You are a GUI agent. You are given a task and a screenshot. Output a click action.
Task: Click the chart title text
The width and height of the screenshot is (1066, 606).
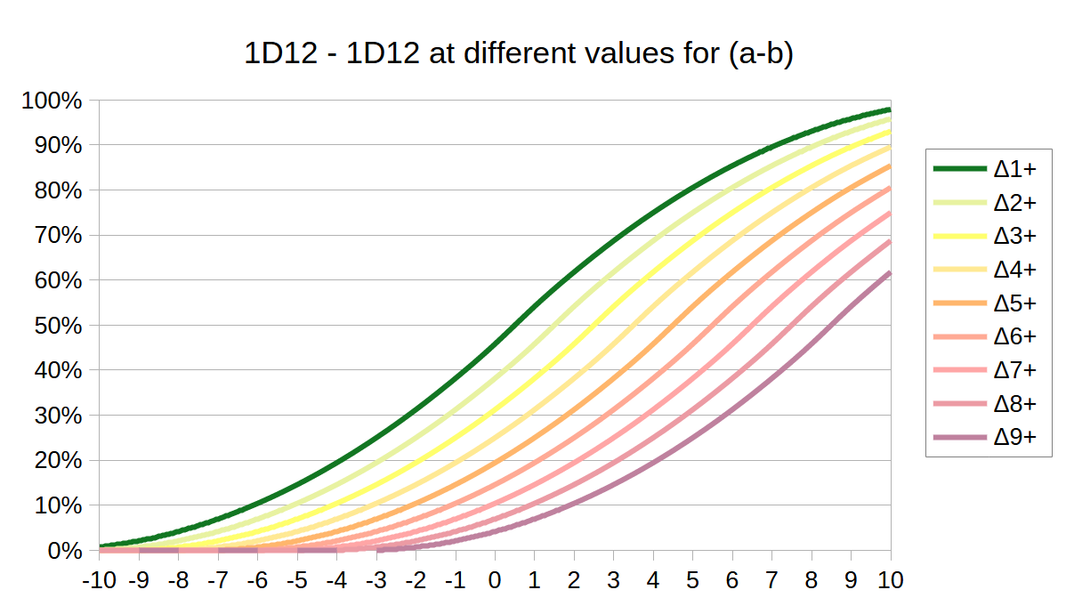click(x=518, y=54)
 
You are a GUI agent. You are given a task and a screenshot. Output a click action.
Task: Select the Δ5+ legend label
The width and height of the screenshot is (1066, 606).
click(x=1015, y=303)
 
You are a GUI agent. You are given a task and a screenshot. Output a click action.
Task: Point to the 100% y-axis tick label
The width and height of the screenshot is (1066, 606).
click(x=52, y=101)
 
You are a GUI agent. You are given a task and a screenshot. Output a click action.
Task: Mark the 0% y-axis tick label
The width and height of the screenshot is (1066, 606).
click(x=63, y=551)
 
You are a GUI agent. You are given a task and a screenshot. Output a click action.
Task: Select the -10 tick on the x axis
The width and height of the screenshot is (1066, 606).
click(x=98, y=580)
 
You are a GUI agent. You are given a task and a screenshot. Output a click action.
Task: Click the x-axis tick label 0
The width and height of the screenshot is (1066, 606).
click(x=495, y=580)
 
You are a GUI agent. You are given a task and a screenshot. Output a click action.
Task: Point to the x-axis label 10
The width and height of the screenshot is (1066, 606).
click(x=891, y=580)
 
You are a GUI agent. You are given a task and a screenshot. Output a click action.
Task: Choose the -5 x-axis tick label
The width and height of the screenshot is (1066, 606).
click(x=296, y=580)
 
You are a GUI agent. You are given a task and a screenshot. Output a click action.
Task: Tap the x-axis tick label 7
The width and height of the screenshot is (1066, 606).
click(x=772, y=580)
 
